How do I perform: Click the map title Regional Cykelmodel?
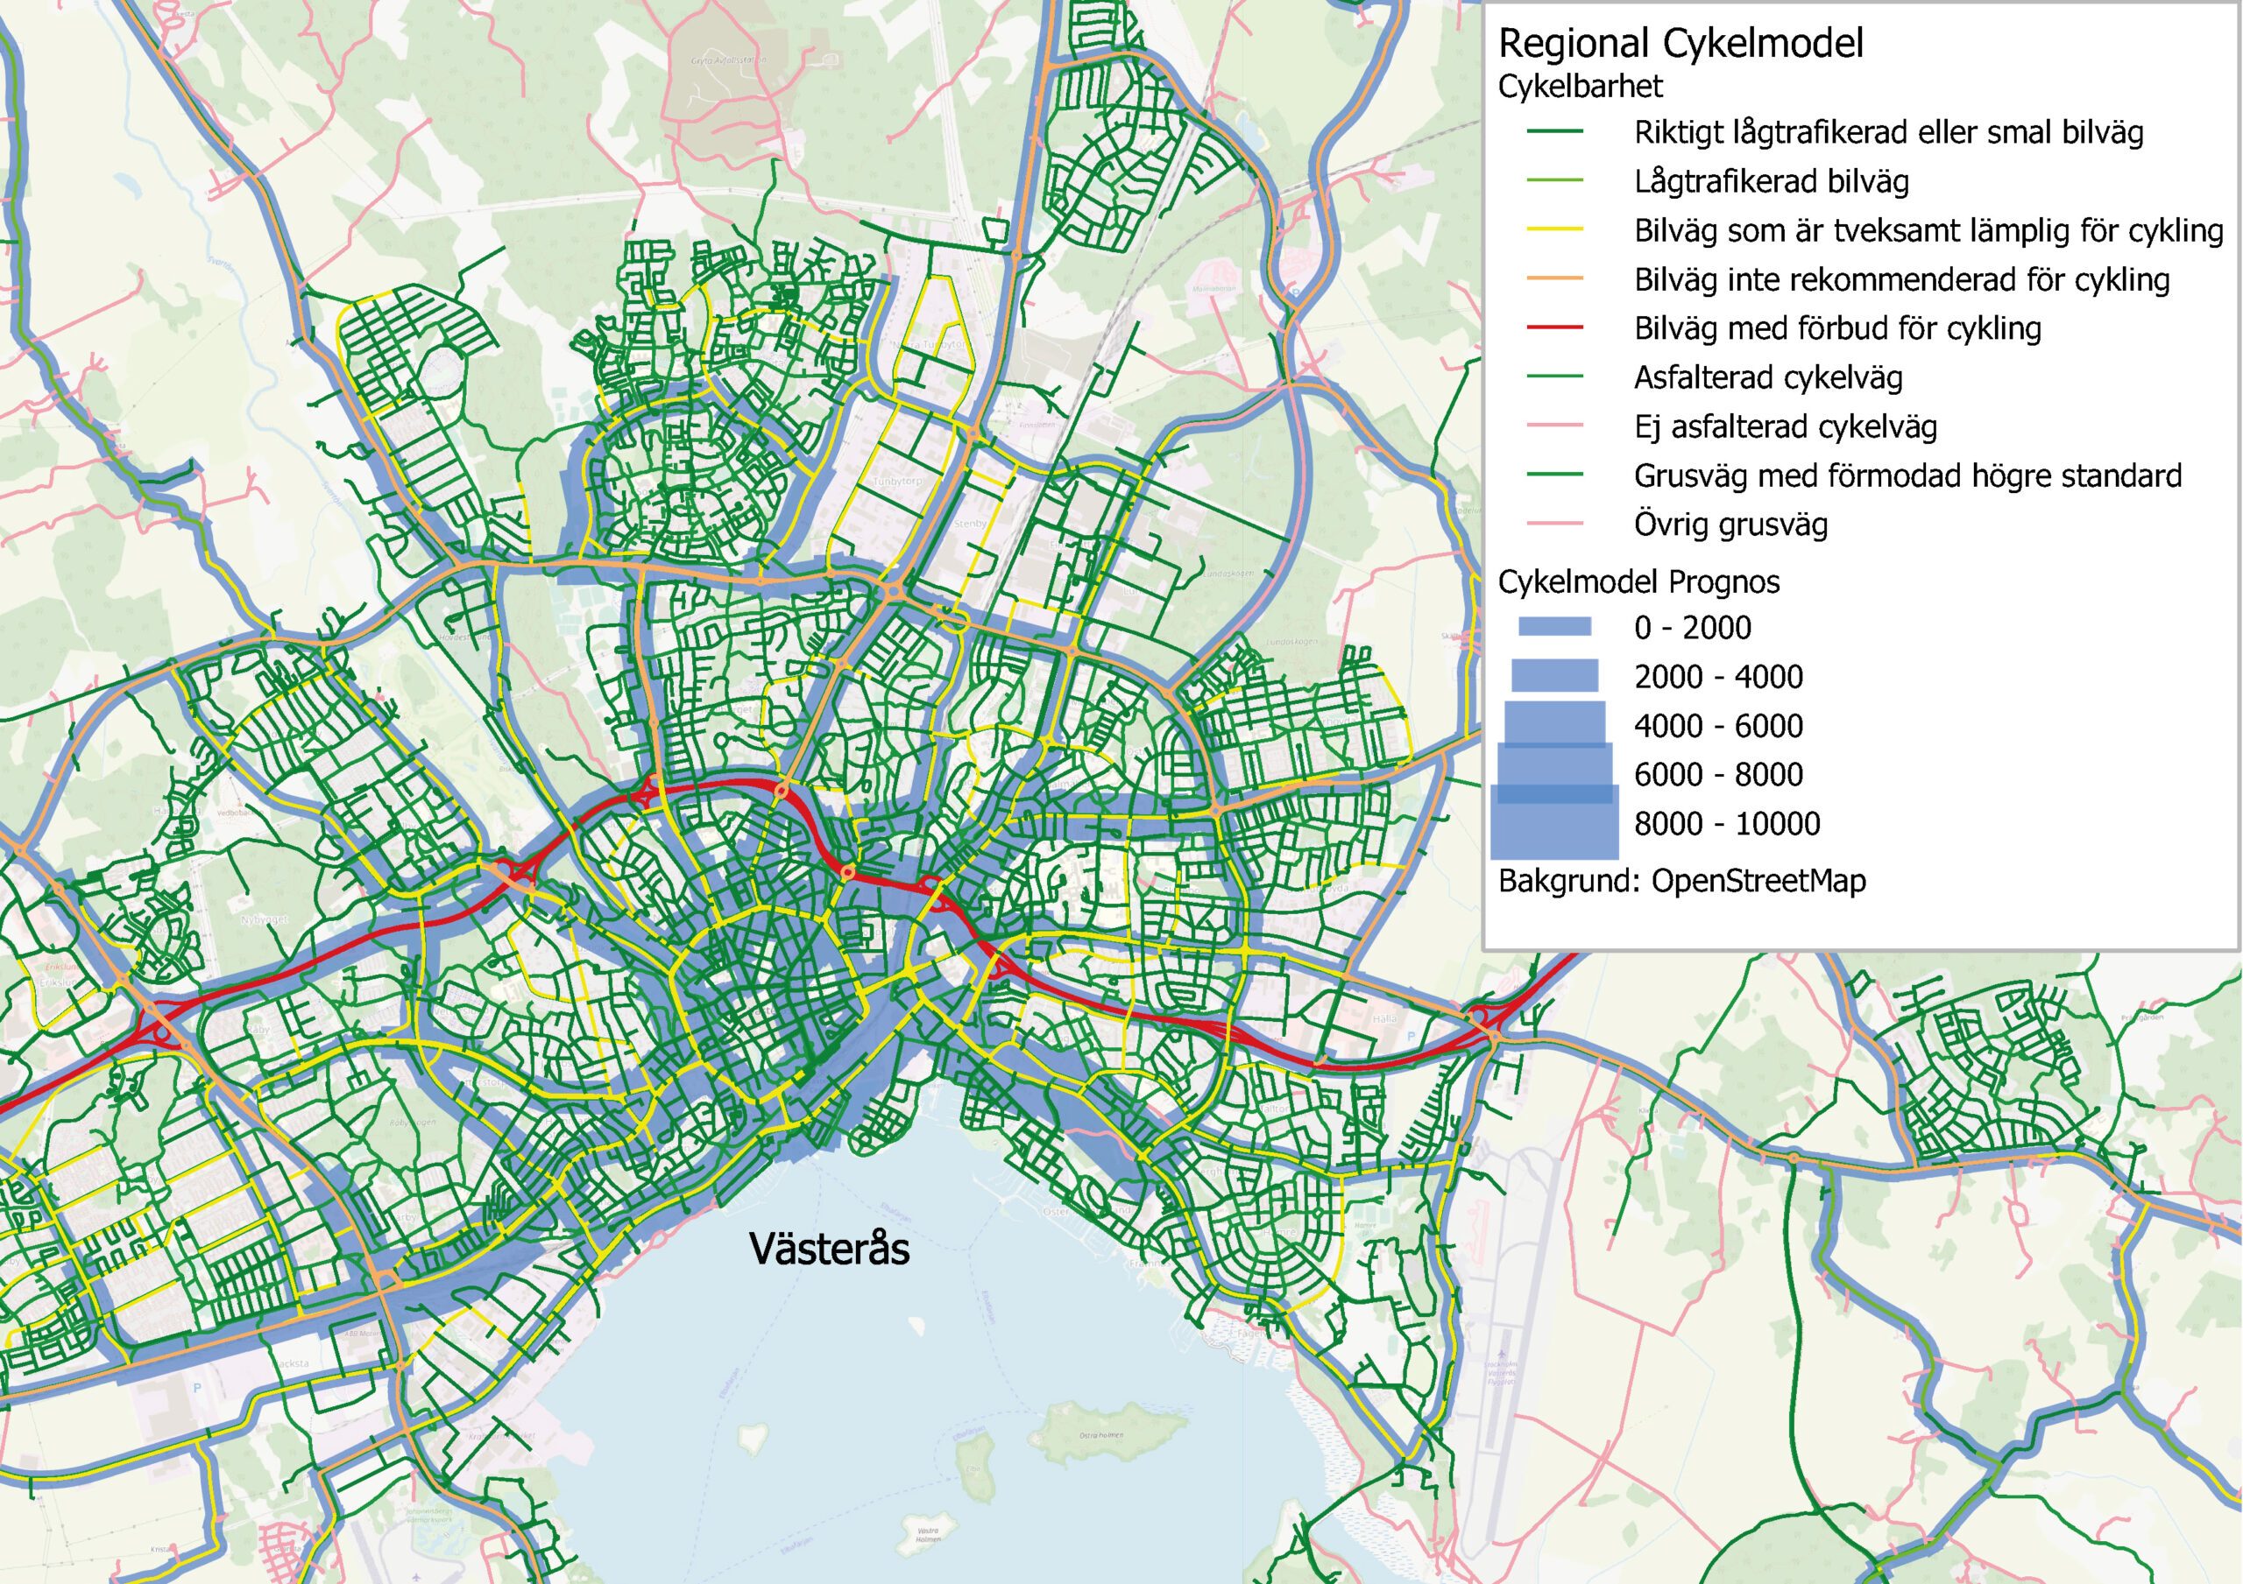[1680, 44]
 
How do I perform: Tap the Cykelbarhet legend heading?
[1580, 86]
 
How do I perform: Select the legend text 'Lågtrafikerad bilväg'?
[1771, 181]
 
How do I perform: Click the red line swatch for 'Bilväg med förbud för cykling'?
[1554, 328]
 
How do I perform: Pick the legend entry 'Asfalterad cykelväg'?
[1768, 378]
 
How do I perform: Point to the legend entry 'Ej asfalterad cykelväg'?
[1785, 426]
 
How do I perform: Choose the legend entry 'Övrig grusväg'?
[1730, 524]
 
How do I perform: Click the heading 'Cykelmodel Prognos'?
[1638, 582]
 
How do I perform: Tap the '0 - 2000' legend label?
[1692, 628]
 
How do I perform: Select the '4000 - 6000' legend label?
[1718, 726]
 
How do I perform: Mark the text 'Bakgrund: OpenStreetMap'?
[1681, 881]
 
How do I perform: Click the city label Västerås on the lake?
[829, 1249]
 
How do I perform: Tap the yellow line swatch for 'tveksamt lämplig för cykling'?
[1554, 230]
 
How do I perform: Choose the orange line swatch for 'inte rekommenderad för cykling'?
[1554, 279]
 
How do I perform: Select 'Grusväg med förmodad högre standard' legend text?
[1907, 475]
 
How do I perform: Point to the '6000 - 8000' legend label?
[1718, 774]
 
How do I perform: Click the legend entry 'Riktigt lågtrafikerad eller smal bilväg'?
[1887, 133]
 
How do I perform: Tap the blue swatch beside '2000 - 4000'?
[1554, 676]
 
